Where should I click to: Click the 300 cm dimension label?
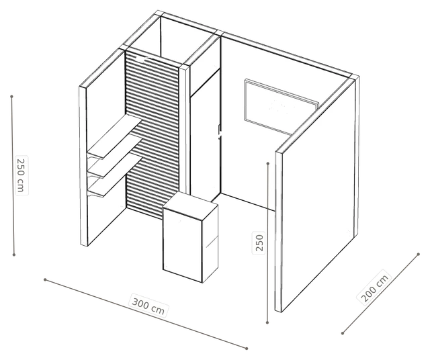(x=148, y=306)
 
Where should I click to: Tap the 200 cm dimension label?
(x=374, y=287)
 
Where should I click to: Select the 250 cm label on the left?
(x=21, y=175)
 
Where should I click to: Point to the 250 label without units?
(x=259, y=242)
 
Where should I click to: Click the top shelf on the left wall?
(x=114, y=136)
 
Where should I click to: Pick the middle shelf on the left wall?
(x=114, y=157)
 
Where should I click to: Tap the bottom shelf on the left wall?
(x=114, y=175)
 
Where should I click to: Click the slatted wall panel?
(x=153, y=134)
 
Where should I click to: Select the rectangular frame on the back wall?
(x=282, y=107)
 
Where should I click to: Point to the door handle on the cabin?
(x=219, y=132)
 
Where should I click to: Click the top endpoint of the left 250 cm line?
(x=12, y=97)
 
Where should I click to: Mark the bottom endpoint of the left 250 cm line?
(x=14, y=255)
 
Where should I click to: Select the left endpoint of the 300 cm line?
(x=45, y=279)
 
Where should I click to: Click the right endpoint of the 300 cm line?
(x=247, y=349)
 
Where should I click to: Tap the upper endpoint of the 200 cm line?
(x=418, y=255)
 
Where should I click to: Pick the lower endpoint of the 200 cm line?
(x=343, y=333)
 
